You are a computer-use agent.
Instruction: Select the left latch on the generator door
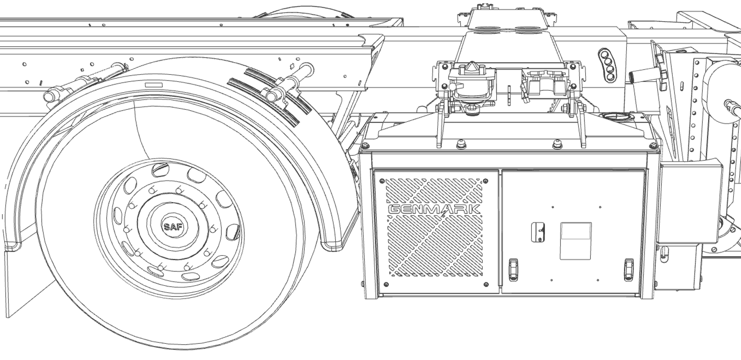click(513, 269)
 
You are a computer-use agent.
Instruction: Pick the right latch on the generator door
click(629, 269)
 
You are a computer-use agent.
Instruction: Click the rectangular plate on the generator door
click(575, 241)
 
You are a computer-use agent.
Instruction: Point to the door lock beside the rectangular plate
click(538, 233)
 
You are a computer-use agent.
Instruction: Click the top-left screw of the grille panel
click(382, 180)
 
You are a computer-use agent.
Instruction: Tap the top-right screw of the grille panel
click(485, 180)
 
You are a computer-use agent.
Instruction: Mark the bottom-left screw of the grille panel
click(386, 284)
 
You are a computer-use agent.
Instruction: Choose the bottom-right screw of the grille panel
click(485, 284)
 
